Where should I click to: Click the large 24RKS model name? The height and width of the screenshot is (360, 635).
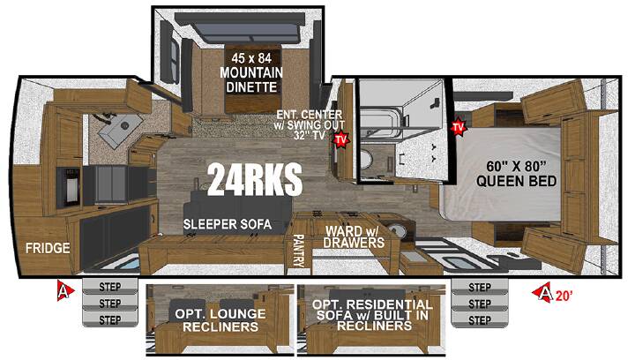(x=255, y=179)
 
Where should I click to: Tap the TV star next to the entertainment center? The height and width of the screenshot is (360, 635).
(x=341, y=139)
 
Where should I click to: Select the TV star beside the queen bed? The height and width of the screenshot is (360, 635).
(x=459, y=128)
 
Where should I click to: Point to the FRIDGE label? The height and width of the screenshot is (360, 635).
(x=48, y=248)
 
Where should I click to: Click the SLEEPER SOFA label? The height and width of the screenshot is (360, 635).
(x=228, y=224)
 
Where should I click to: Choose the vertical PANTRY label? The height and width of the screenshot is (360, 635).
(x=298, y=251)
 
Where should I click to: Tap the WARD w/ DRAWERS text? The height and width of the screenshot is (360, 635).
(x=355, y=236)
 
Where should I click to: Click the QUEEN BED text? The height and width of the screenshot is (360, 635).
(x=516, y=181)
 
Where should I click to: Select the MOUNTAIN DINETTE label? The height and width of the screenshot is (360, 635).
(x=251, y=79)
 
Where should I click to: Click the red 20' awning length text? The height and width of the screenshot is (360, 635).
(x=564, y=296)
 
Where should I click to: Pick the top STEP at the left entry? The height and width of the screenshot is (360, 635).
(x=110, y=287)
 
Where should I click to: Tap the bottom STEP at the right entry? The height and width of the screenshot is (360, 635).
(x=480, y=320)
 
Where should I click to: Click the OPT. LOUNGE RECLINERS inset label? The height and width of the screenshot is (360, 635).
(x=220, y=320)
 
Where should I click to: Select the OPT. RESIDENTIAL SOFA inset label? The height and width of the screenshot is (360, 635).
(x=372, y=314)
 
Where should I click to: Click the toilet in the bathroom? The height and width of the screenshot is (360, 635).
(x=366, y=161)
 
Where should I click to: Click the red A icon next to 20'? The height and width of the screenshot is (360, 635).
(x=543, y=292)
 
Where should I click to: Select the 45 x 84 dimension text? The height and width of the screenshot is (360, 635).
(x=251, y=58)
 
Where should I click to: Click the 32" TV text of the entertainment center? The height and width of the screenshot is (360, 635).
(x=310, y=135)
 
